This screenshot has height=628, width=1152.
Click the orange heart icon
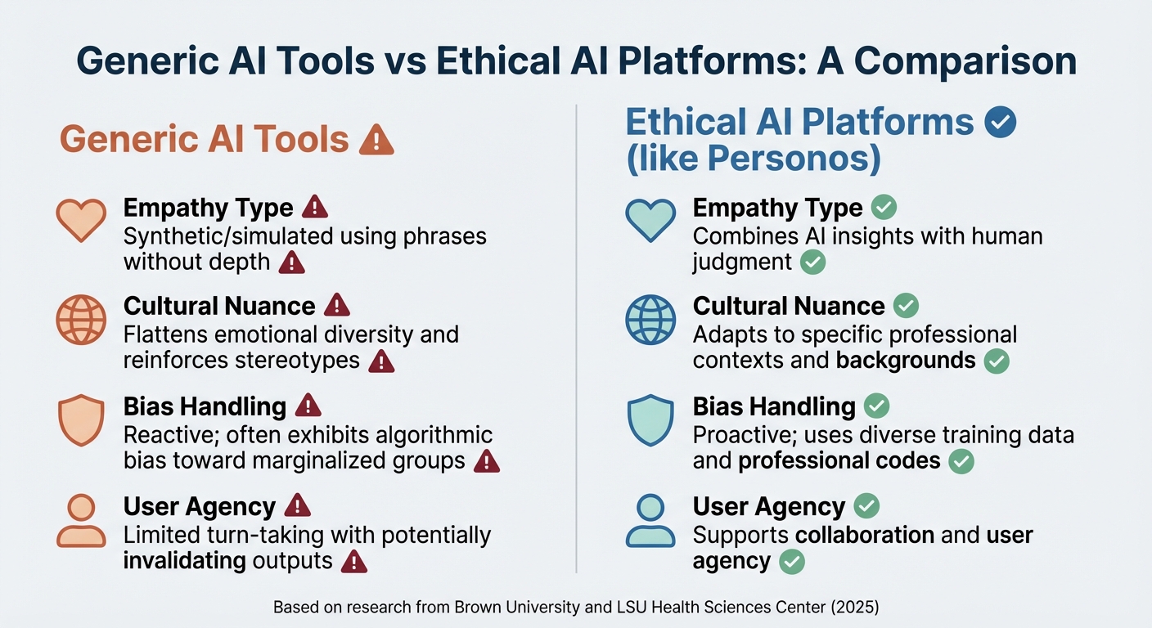[x=81, y=219]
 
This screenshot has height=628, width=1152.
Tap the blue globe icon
[x=650, y=319]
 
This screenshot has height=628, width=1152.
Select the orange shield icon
[x=81, y=420]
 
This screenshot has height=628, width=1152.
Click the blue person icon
[x=650, y=521]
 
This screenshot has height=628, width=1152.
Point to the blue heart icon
[x=650, y=219]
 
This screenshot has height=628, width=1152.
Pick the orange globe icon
[x=81, y=319]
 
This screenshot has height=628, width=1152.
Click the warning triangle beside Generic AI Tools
[x=376, y=140]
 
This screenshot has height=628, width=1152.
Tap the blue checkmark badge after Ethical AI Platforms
[x=1001, y=122]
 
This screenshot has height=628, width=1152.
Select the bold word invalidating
[x=185, y=561]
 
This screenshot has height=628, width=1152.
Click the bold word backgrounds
[x=906, y=360]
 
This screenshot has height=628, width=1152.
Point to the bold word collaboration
[x=865, y=535]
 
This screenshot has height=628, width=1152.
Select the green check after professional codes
[x=961, y=461]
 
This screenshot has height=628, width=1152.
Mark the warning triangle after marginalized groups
[x=487, y=461]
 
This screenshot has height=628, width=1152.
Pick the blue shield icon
[x=650, y=420]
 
